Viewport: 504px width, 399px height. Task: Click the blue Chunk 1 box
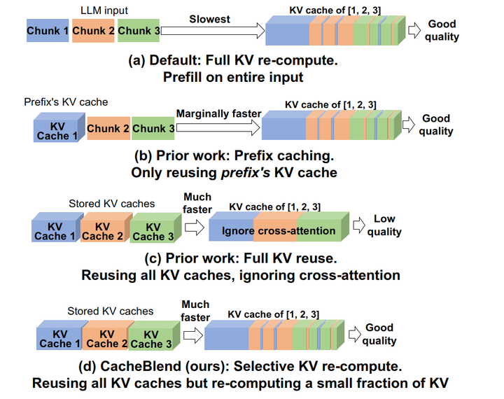(48, 31)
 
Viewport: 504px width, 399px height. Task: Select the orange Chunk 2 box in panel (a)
(93, 31)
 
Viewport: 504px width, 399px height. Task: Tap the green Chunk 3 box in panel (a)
(139, 31)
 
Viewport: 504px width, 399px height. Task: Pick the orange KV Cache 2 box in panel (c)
(102, 232)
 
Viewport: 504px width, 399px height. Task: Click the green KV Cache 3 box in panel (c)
(148, 232)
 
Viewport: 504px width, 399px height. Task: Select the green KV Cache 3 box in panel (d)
(150, 339)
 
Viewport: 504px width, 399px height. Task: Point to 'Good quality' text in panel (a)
(442, 31)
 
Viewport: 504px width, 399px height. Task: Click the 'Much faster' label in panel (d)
(195, 311)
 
